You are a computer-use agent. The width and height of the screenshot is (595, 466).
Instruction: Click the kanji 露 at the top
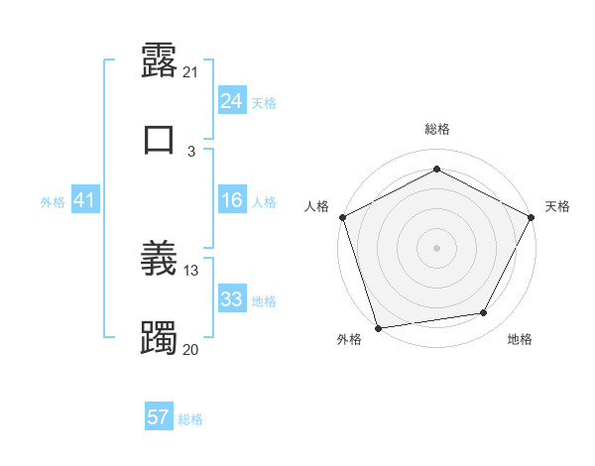(159, 62)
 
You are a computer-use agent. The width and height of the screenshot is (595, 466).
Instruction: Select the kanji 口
(159, 138)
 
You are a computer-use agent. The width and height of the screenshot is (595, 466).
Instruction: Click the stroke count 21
(191, 72)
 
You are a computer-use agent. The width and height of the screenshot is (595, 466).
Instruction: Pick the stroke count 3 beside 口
(191, 151)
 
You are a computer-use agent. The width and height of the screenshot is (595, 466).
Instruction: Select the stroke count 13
(191, 270)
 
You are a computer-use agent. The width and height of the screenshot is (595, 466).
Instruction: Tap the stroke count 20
(191, 349)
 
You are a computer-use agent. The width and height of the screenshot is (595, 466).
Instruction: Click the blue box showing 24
(231, 101)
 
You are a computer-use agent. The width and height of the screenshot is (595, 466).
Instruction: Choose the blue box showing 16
(231, 201)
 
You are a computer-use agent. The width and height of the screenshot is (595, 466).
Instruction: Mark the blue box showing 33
(231, 299)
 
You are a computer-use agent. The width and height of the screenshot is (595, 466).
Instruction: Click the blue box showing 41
(84, 201)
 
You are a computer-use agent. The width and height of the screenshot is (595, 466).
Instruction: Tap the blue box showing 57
(159, 417)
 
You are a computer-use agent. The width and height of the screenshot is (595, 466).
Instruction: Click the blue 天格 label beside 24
(264, 102)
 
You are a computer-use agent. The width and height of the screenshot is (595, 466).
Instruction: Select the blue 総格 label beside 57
(190, 418)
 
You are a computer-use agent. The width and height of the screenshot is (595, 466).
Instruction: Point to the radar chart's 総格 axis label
(437, 129)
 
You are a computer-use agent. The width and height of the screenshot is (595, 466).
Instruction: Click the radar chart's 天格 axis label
(557, 206)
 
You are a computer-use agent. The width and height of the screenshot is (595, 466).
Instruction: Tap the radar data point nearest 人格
(343, 217)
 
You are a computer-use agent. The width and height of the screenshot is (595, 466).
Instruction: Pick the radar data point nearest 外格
(378, 327)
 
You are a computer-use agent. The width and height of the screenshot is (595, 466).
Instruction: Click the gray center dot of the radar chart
(436, 247)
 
